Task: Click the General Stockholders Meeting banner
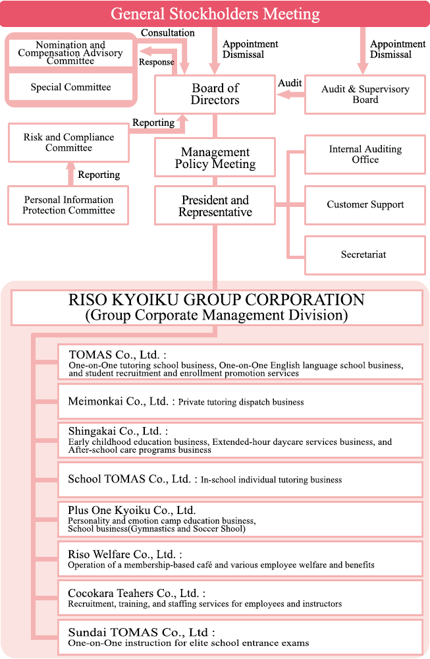(215, 14)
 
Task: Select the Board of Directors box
(215, 94)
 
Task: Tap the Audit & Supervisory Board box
(365, 94)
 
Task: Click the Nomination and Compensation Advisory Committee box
(70, 53)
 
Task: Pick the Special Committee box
(70, 87)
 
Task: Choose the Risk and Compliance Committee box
(68, 142)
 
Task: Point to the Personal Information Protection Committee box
(68, 205)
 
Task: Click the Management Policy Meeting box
(215, 158)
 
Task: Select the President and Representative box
(215, 206)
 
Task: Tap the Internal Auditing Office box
(365, 154)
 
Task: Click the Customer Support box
(365, 204)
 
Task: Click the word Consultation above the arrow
(167, 32)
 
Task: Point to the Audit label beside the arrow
(290, 83)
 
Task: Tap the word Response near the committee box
(156, 62)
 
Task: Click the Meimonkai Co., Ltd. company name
(118, 401)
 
